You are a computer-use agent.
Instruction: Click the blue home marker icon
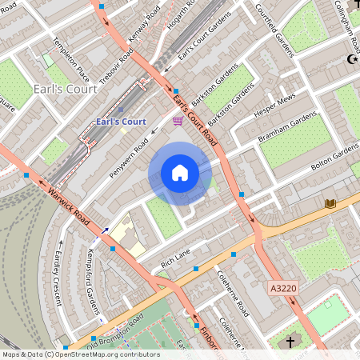tap(180, 173)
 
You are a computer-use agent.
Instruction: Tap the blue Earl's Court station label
tap(120, 122)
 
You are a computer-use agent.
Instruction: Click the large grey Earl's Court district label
tap(66, 89)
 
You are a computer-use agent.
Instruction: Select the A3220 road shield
tap(283, 287)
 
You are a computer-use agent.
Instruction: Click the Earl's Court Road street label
tap(195, 112)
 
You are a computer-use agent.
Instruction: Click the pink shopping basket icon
tap(177, 121)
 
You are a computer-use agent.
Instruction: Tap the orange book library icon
tap(330, 204)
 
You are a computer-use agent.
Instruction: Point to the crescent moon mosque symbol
tap(351, 59)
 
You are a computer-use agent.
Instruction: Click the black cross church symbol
tap(290, 342)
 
